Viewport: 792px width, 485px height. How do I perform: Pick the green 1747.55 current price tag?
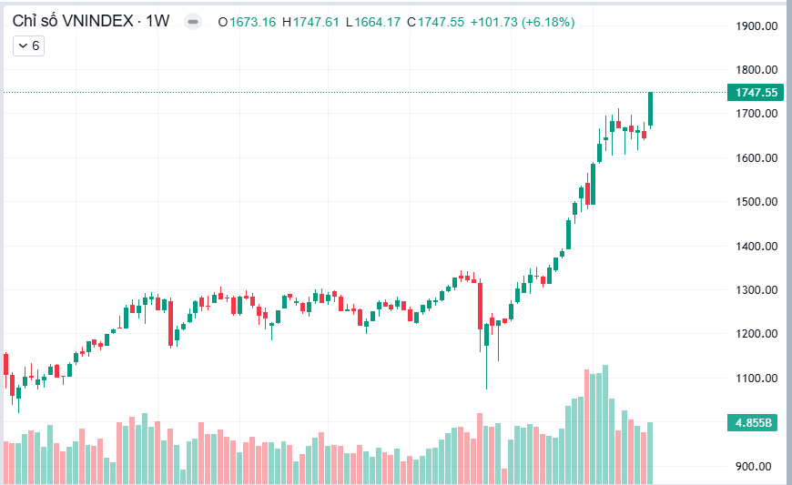point(756,92)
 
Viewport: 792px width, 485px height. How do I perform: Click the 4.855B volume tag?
point(756,423)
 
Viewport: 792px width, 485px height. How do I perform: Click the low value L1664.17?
point(374,22)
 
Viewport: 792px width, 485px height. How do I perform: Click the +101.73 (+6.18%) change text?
point(522,22)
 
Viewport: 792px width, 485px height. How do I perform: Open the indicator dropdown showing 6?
point(29,45)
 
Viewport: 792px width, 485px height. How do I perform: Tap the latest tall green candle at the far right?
point(651,108)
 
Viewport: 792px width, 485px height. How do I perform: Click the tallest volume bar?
point(604,424)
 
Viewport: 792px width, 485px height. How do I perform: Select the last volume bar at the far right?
point(650,452)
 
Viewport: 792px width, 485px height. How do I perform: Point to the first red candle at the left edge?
point(5,364)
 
